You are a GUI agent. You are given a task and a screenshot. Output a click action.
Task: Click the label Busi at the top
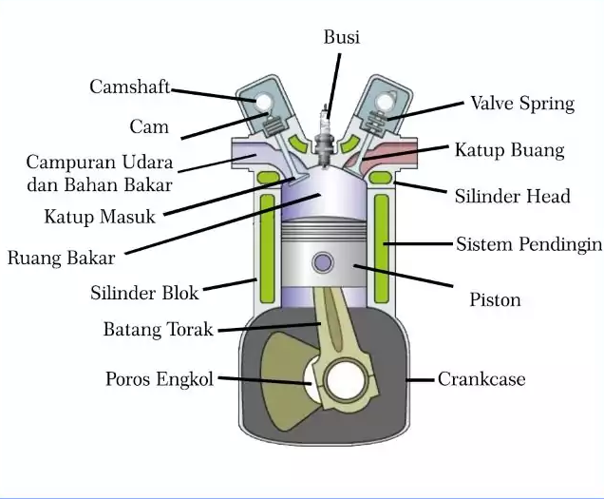(x=341, y=37)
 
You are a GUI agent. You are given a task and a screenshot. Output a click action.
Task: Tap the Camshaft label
(x=129, y=86)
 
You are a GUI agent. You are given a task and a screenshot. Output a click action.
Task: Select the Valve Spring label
(x=522, y=103)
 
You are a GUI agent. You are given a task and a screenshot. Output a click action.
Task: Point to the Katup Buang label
(x=509, y=150)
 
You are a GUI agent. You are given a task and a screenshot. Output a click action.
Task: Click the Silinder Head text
(x=513, y=196)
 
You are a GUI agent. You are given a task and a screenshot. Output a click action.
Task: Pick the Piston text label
(x=495, y=299)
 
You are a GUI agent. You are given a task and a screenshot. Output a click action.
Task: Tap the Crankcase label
(x=481, y=379)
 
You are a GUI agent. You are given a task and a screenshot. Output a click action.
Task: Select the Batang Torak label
(x=159, y=330)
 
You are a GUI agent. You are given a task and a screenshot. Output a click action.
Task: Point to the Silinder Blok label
(x=144, y=293)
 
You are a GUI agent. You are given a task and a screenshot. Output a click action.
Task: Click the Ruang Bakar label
(x=61, y=257)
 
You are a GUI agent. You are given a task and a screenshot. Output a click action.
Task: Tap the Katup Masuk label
(x=99, y=217)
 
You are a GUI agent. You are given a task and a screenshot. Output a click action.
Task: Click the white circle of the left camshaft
(x=263, y=98)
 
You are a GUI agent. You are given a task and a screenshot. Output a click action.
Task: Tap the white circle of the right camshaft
(x=385, y=100)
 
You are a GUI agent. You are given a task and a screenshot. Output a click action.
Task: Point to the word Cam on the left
(x=149, y=126)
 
